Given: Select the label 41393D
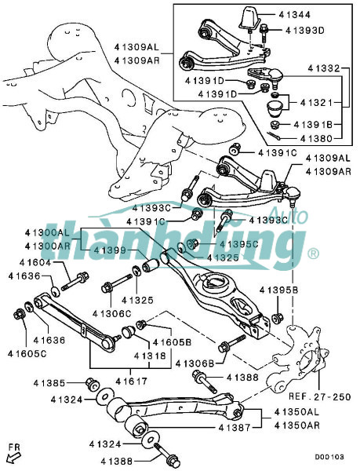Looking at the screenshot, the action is click(x=305, y=31).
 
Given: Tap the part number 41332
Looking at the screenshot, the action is click(x=324, y=68).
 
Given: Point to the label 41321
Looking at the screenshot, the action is click(x=317, y=103).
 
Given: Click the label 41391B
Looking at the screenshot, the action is click(x=313, y=124).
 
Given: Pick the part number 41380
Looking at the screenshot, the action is click(x=317, y=138).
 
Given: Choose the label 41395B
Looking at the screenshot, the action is click(x=279, y=290).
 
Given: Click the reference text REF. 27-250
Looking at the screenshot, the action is click(x=320, y=396).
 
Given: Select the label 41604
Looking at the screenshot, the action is click(x=35, y=262).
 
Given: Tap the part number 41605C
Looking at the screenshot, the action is click(x=27, y=354).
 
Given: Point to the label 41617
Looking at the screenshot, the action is click(x=132, y=382).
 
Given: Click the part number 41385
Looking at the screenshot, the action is click(x=49, y=383).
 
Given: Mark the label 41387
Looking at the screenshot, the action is click(x=235, y=427).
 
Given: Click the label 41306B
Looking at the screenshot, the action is click(x=195, y=363).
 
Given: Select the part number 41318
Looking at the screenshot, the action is click(x=150, y=356).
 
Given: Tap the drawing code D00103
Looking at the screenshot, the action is click(x=329, y=457).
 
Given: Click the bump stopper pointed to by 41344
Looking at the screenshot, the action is click(x=249, y=18).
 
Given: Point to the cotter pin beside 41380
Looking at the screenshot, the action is click(x=274, y=136).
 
